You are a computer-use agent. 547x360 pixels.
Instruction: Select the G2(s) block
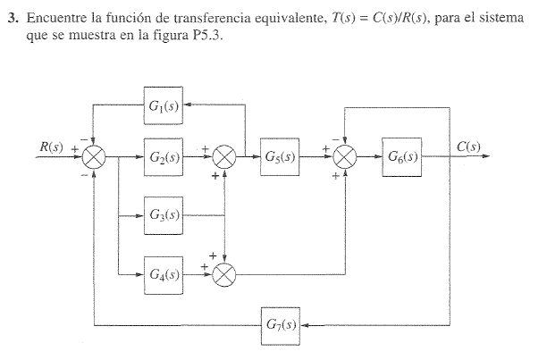point(164,157)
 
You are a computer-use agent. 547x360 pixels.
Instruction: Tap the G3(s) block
point(164,215)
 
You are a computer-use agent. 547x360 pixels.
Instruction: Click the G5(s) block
point(280,157)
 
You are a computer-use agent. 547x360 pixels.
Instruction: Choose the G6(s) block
point(401,157)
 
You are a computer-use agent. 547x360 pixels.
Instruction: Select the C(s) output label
point(468,147)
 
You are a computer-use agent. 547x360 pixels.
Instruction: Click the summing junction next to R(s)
point(94,158)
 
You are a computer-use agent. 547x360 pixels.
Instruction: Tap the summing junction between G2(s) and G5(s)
point(224,158)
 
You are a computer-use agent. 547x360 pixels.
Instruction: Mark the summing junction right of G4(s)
point(224,273)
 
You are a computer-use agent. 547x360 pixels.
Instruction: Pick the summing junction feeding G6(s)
point(344,158)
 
